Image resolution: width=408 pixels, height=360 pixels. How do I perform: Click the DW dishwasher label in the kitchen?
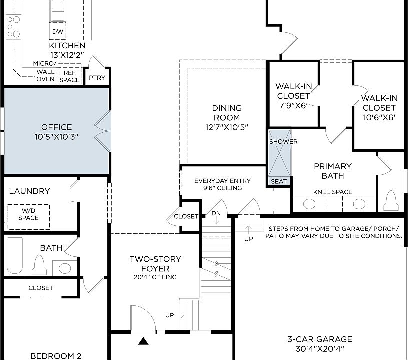[x=58, y=31]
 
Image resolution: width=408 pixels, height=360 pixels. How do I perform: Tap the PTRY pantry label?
[x=97, y=77]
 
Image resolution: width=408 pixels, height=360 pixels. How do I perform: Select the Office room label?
[x=56, y=132]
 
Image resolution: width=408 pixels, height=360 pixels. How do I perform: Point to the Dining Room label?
[x=227, y=117]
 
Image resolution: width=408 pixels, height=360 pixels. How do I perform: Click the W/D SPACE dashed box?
[x=29, y=217]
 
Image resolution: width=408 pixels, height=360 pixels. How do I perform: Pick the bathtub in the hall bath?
[x=15, y=255]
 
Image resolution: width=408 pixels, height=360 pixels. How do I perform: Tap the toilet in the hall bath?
[x=39, y=265]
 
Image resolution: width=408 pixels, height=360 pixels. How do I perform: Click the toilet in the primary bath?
[x=391, y=201]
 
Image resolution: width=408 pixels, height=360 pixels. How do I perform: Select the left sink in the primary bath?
[x=309, y=204]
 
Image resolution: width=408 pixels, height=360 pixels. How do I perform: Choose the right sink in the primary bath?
[x=359, y=204]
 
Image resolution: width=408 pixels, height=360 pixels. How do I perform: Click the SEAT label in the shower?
[x=279, y=181]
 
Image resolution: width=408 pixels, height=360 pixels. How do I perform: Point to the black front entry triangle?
[x=143, y=341]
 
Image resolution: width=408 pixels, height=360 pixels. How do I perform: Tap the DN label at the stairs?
[x=216, y=213]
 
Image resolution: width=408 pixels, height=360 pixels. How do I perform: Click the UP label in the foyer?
[x=169, y=315]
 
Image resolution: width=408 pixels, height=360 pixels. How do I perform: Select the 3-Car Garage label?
[x=320, y=344]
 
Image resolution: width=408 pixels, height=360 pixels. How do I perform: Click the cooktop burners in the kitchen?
[x=14, y=27]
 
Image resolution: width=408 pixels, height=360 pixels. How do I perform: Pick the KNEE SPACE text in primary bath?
[x=333, y=192]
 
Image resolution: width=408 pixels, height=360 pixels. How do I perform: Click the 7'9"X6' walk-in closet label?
[x=294, y=105]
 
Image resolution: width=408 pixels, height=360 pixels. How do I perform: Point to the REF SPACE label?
[x=69, y=76]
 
